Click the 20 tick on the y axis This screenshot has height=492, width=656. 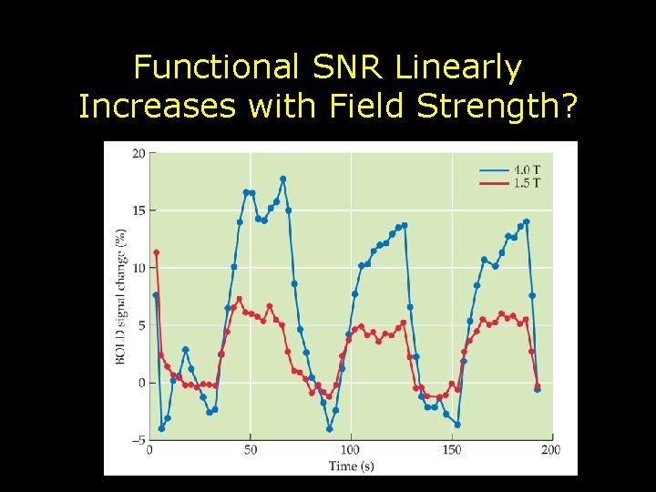tap(138, 153)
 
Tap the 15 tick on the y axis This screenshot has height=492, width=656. tap(138, 210)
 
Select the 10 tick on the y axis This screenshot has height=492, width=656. tap(138, 268)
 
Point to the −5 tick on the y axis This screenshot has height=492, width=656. tap(137, 440)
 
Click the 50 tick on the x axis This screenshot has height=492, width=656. tap(250, 450)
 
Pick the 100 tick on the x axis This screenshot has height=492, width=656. tap(351, 450)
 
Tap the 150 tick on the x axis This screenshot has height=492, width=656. tap(452, 450)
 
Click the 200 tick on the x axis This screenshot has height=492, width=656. tap(550, 450)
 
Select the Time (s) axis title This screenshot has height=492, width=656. tap(351, 466)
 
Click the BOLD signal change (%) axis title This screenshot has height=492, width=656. tap(120, 296)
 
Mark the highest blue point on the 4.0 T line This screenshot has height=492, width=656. tap(282, 179)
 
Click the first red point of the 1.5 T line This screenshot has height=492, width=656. tap(156, 252)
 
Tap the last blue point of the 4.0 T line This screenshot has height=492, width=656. tap(538, 389)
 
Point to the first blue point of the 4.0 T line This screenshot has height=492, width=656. tap(155, 295)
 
